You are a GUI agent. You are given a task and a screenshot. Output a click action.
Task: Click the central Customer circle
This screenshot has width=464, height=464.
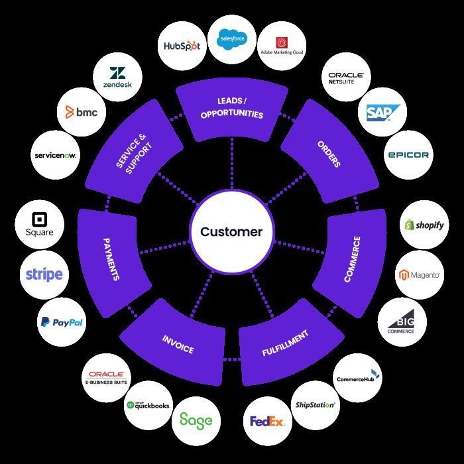click(231, 232)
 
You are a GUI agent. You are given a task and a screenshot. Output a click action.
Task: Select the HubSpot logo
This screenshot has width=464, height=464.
click(182, 46)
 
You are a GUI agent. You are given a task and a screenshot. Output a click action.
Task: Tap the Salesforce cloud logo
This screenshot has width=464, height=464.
click(232, 38)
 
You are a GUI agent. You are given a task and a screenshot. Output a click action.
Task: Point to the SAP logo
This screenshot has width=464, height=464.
click(382, 113)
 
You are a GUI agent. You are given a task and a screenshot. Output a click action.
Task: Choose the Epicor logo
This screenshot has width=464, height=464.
click(408, 154)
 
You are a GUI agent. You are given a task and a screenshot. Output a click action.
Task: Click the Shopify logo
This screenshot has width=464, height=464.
click(424, 225)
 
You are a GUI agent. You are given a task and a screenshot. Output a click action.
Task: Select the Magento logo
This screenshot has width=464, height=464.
click(419, 274)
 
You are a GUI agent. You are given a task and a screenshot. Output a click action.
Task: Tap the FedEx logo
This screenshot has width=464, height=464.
click(267, 421)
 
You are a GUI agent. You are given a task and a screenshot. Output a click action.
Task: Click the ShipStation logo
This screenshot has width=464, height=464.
click(315, 404)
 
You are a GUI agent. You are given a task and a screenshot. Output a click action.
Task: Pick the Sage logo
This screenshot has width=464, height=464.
click(196, 420)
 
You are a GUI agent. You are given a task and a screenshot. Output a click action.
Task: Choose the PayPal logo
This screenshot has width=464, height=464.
click(61, 322)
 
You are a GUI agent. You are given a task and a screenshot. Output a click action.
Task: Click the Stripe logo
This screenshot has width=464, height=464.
click(44, 274)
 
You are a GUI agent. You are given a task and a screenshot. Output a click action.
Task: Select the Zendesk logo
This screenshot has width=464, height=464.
click(117, 78)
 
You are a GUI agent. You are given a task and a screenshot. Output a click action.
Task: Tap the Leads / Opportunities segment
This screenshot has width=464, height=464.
click(231, 109)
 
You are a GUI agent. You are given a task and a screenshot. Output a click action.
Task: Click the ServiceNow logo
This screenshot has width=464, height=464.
click(56, 155)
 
